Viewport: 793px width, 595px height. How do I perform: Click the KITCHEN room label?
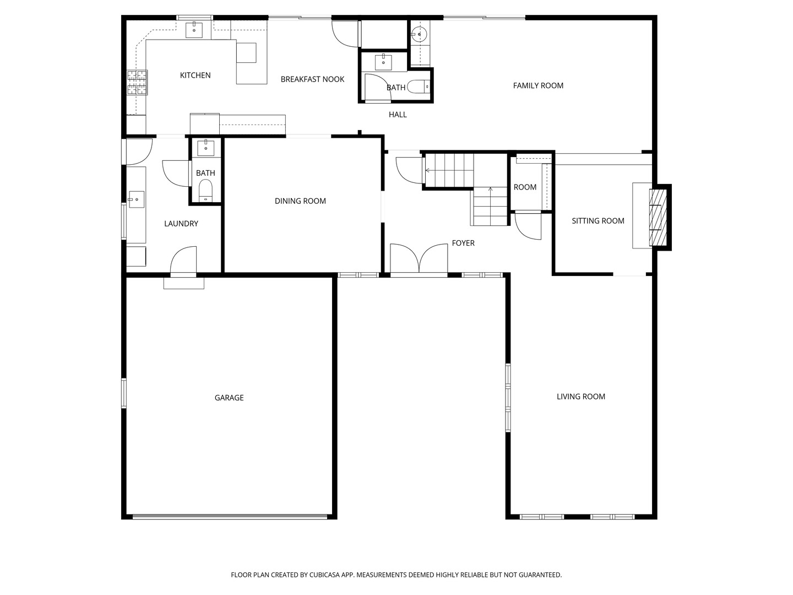click(195, 75)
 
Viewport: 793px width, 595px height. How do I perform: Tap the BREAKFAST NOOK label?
click(312, 79)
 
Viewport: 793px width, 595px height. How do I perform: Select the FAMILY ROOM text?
click(538, 85)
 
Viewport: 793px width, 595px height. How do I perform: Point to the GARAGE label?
click(229, 398)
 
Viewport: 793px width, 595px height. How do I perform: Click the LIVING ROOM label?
click(580, 397)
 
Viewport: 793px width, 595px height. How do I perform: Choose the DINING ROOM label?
click(300, 201)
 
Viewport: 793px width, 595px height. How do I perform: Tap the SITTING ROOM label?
click(598, 221)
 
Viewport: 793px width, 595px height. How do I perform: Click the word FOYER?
click(463, 243)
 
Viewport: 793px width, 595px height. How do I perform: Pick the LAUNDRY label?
click(181, 224)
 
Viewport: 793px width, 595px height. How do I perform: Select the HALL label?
click(398, 115)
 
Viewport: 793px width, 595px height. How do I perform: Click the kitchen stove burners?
click(137, 82)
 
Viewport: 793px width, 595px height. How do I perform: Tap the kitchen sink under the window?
click(194, 30)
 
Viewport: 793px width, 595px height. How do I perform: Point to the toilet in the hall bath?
click(419, 86)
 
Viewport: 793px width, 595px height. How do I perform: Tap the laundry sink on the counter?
click(136, 199)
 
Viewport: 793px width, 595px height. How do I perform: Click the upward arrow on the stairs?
click(490, 206)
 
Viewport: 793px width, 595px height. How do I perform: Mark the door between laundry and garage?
click(183, 261)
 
